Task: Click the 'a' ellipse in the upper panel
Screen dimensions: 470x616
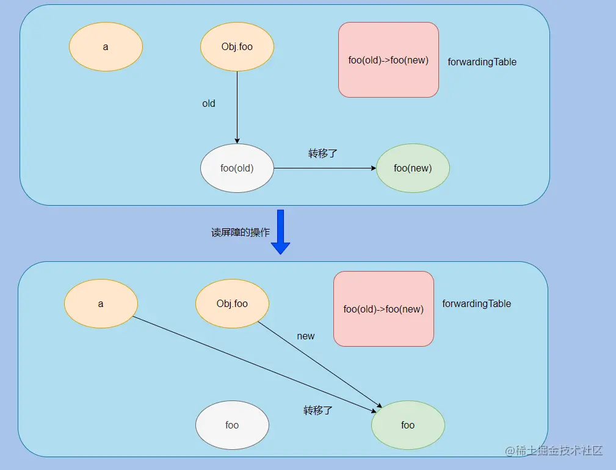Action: tap(106, 47)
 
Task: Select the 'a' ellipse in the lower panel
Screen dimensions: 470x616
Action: tap(101, 303)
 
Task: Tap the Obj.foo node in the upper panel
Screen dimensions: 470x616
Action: tap(237, 47)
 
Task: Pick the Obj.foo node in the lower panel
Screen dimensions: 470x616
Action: tap(232, 303)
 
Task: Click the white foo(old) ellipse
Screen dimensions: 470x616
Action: tap(237, 168)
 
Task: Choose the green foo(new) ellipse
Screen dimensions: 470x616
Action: tap(413, 168)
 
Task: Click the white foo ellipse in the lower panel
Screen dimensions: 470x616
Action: tap(232, 425)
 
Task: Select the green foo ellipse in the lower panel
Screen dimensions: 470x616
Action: tap(408, 425)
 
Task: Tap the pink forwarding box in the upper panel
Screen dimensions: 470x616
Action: tap(388, 60)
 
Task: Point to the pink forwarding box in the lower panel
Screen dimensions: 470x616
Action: tap(383, 309)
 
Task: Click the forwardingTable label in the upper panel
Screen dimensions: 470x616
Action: tap(482, 62)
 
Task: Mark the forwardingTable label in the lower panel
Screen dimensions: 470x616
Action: tap(476, 303)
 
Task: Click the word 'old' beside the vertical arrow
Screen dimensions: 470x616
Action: tap(209, 104)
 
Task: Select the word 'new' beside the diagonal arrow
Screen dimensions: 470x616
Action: tap(305, 336)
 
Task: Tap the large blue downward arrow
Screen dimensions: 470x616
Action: tap(280, 231)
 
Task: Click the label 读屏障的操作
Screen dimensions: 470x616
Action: tap(241, 233)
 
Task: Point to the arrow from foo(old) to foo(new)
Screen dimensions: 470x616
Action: tap(324, 168)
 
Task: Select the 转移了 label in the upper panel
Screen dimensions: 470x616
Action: tap(323, 153)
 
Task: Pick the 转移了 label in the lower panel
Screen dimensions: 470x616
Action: tap(318, 410)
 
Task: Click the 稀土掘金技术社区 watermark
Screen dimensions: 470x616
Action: tap(553, 451)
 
